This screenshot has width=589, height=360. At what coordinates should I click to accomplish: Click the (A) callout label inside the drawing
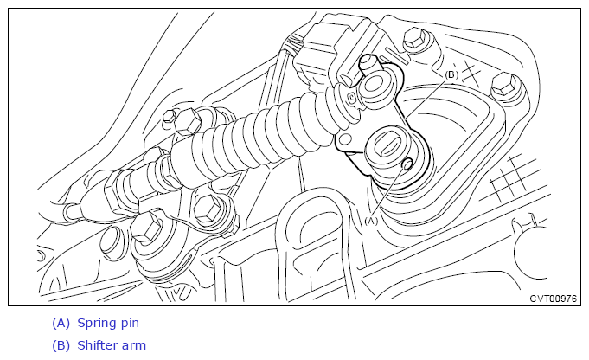[x=371, y=221]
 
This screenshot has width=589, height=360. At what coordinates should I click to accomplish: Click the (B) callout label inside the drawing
[x=451, y=74]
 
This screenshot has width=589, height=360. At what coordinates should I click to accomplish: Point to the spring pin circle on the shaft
[x=407, y=164]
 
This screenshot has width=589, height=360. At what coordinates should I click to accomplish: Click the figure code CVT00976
[x=553, y=299]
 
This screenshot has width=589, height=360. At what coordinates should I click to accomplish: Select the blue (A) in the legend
[x=61, y=323]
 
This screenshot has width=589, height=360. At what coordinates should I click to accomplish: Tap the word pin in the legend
[x=130, y=324]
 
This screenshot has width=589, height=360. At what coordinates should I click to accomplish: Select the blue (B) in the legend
[x=61, y=345]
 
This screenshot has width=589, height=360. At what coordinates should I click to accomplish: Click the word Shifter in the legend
[x=96, y=345]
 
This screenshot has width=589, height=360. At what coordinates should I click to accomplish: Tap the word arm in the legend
[x=134, y=346]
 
